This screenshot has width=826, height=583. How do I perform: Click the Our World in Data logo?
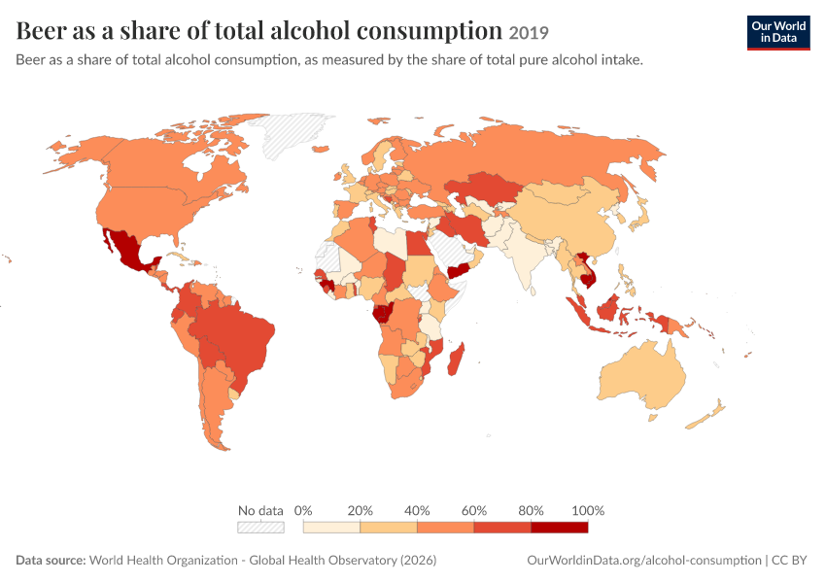(x=778, y=33)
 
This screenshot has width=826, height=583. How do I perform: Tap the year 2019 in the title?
(x=529, y=33)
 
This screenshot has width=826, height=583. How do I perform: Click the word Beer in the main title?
(x=40, y=30)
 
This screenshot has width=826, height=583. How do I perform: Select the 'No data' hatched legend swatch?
(x=260, y=528)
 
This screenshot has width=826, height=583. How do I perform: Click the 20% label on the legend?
(x=360, y=510)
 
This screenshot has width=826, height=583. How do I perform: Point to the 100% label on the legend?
(x=588, y=510)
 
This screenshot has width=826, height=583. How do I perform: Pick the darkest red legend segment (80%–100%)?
(x=560, y=528)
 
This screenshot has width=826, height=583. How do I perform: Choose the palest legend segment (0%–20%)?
(x=332, y=528)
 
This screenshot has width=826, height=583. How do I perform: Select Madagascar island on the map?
(x=456, y=360)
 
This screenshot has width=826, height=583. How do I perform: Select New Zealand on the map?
(x=706, y=415)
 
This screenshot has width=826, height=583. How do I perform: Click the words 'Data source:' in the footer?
(x=51, y=560)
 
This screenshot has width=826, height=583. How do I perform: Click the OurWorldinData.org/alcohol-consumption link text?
(x=644, y=560)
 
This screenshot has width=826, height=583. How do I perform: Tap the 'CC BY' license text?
(x=789, y=560)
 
